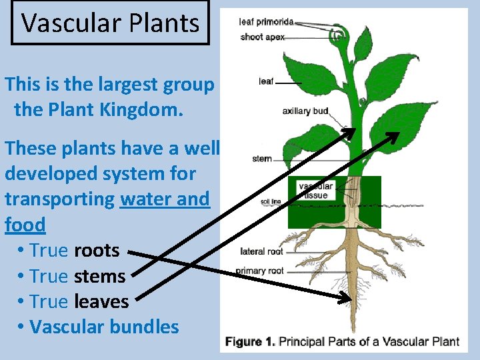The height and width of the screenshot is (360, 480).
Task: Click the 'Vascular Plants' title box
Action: click(x=110, y=23)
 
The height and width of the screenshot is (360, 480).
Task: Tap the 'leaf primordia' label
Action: click(x=266, y=22)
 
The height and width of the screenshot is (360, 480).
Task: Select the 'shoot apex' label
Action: click(x=262, y=37)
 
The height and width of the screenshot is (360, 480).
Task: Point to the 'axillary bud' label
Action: click(x=305, y=111)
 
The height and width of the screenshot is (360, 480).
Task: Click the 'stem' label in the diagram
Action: click(x=262, y=159)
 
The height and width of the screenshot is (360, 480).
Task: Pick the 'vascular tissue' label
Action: click(x=315, y=191)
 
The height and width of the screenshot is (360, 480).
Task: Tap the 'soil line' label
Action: click(x=271, y=201)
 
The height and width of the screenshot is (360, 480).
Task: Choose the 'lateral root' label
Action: click(x=261, y=251)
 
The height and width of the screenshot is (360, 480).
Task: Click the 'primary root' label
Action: click(x=259, y=271)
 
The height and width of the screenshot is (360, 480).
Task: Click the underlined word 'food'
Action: click(x=25, y=225)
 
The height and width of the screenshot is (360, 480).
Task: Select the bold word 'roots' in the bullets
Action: click(x=97, y=251)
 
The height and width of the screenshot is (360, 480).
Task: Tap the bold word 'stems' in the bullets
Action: click(x=100, y=276)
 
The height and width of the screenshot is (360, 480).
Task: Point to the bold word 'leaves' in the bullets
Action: click(x=101, y=301)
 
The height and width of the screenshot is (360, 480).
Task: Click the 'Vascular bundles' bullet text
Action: click(x=105, y=327)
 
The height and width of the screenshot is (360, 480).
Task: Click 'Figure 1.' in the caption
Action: click(x=250, y=342)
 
